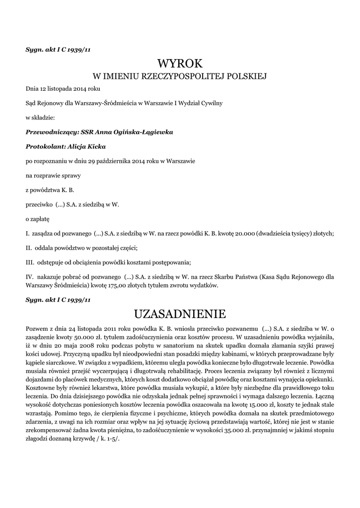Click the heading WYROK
[x=180, y=63]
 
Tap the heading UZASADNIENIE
[x=180, y=314]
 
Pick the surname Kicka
[x=96, y=147]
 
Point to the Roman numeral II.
[x=29, y=248]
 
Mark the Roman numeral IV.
[x=29, y=276]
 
